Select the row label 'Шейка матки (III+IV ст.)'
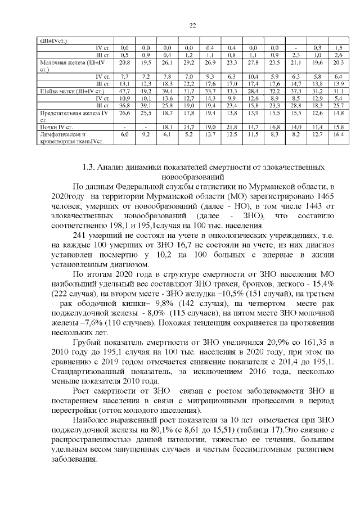65,90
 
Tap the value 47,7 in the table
125,90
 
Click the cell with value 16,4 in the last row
338,135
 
